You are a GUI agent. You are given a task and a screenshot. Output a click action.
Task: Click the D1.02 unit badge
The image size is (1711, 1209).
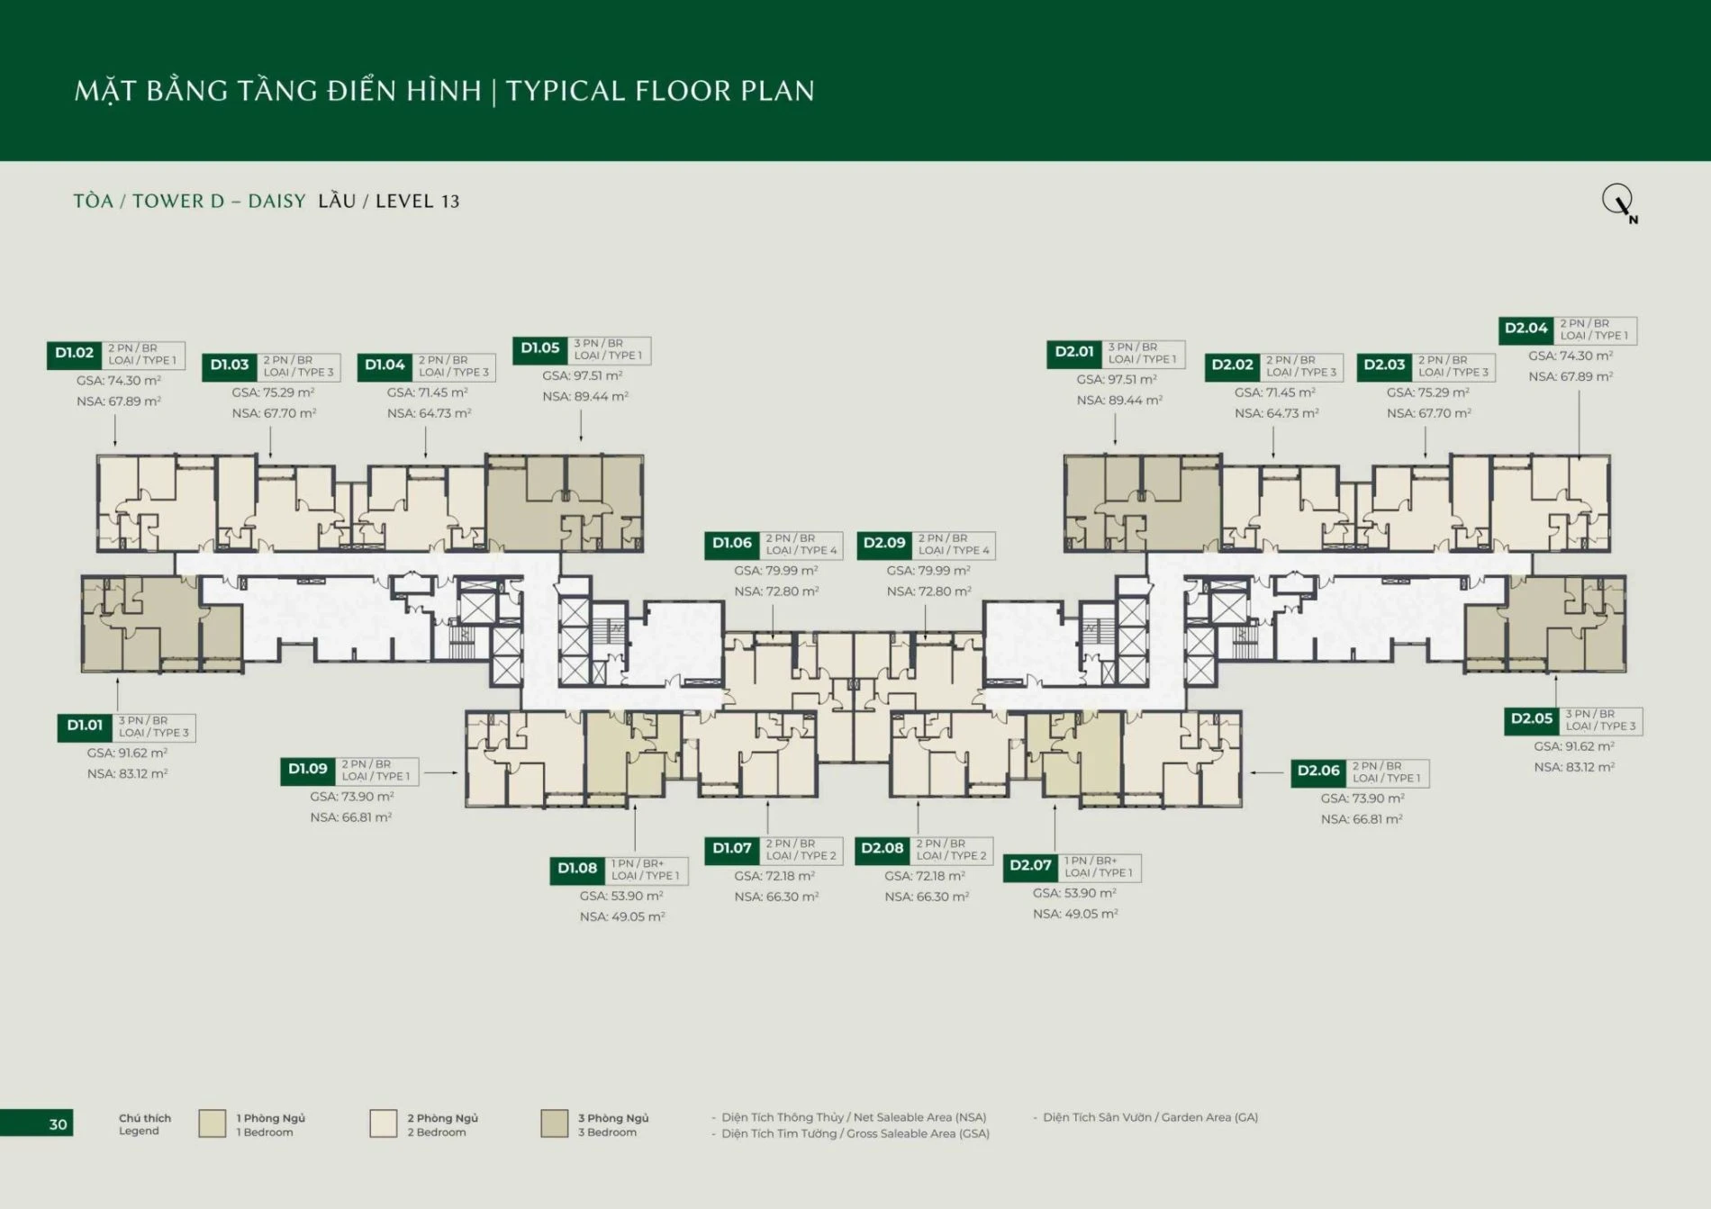tap(74, 355)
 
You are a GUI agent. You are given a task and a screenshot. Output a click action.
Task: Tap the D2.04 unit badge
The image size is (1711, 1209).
tap(1526, 329)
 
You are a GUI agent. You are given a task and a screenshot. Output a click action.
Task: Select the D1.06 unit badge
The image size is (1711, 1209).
tap(732, 545)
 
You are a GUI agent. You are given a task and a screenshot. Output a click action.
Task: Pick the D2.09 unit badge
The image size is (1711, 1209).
tap(884, 545)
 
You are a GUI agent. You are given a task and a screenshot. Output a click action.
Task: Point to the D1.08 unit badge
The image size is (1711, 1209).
tap(577, 870)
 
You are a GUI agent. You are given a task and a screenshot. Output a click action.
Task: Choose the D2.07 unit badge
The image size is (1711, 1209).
tap(1031, 867)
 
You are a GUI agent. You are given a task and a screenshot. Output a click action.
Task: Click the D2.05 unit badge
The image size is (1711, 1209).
tap(1532, 720)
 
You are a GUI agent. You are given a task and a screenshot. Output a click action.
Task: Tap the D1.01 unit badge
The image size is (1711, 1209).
tap(85, 726)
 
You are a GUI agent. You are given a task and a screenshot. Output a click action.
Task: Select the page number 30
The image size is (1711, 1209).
tap(58, 1124)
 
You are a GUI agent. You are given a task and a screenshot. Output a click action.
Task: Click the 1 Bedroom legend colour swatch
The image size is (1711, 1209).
tap(213, 1123)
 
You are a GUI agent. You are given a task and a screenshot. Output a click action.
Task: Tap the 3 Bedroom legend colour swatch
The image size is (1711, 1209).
tap(555, 1123)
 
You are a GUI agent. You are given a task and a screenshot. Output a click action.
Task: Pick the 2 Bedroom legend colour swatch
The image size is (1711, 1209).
tap(384, 1123)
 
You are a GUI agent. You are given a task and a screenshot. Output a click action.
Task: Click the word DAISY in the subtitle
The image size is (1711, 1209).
tap(276, 202)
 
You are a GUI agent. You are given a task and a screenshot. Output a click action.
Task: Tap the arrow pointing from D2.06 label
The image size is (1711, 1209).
tap(1267, 772)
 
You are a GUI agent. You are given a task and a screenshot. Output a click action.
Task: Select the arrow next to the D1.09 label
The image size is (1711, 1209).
tap(441, 772)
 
